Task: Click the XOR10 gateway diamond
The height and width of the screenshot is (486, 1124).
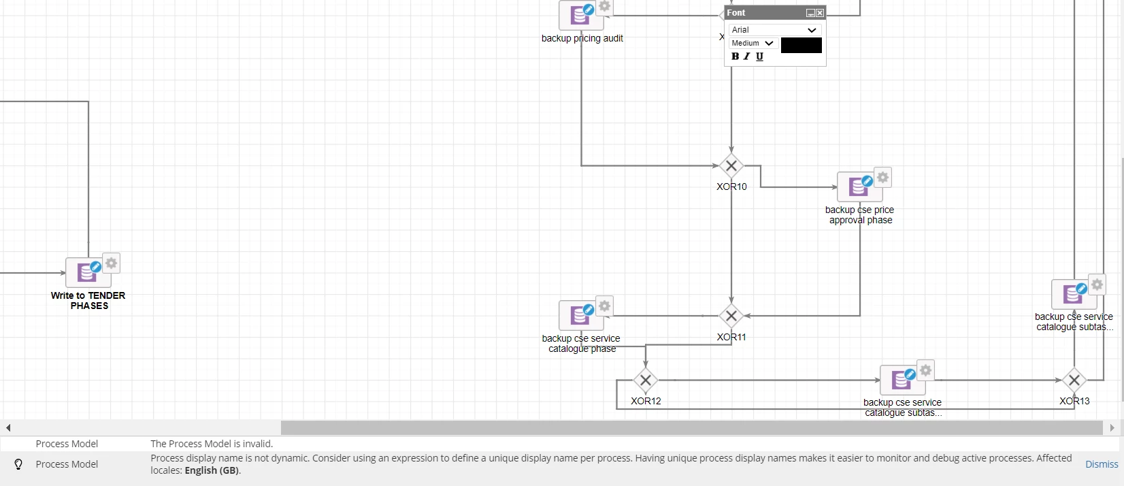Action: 731,165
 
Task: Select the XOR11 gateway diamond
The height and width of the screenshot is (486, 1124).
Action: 731,316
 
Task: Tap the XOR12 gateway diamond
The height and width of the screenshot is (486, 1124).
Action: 645,380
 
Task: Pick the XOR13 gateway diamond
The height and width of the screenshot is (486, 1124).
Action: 1074,380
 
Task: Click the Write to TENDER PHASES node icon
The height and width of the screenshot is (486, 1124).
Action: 87,272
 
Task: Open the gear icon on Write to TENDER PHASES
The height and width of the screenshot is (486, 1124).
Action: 112,263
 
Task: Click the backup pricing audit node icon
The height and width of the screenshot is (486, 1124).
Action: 580,15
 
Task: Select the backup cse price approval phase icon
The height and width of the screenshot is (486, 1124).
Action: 859,187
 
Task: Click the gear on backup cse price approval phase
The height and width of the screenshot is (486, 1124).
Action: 883,177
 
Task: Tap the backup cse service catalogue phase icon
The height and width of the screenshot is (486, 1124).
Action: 580,315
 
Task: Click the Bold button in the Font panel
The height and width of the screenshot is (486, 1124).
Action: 735,56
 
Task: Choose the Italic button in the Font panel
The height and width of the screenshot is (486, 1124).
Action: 747,56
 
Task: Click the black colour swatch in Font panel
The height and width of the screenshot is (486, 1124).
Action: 801,45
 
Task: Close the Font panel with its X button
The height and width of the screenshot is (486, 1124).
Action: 820,13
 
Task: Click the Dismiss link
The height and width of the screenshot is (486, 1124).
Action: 1102,464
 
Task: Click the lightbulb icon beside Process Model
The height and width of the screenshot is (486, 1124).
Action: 18,464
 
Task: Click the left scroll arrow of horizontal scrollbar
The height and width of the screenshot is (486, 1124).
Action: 8,427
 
